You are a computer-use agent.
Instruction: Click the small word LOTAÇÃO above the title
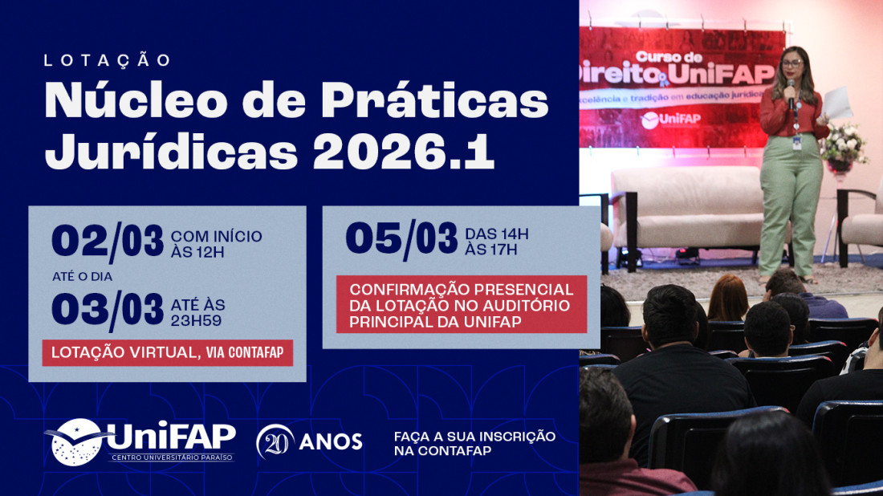tap(108, 61)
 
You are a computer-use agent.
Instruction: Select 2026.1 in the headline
tap(403, 151)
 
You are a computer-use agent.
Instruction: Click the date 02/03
tap(108, 241)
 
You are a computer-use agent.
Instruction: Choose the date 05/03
tap(401, 239)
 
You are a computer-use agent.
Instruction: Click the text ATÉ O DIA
tap(82, 276)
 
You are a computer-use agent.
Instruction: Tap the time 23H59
tap(196, 321)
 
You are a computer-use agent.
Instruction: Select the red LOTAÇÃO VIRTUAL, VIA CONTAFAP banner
tap(167, 352)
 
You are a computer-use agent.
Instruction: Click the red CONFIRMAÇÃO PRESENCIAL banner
tap(462, 304)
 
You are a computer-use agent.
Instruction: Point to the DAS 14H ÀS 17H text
tap(497, 242)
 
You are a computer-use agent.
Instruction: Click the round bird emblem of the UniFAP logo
tap(77, 441)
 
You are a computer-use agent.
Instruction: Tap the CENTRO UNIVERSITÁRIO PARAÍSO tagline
tap(171, 457)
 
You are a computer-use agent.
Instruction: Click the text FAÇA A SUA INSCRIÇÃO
tap(474, 436)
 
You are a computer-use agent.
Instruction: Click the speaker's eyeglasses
tap(791, 62)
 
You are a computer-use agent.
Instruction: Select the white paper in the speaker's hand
tap(836, 102)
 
